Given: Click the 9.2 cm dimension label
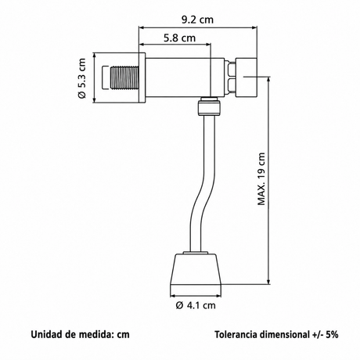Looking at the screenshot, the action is coord(197,20).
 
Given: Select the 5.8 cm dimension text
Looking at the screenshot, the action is coord(180,38).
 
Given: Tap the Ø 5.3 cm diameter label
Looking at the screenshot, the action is coord(81,78).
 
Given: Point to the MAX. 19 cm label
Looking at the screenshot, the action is coord(261,179).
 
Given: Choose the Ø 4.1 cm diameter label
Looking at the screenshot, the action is coord(196,305).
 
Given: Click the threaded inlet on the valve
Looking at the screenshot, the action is coord(124,78).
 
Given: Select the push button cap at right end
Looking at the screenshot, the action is coord(247,77).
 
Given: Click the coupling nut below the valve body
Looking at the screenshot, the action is coord(209,107).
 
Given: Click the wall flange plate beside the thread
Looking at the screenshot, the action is coord(142,78).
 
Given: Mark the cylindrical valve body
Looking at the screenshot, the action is coord(185,77).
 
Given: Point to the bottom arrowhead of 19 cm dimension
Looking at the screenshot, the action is coord(268,281).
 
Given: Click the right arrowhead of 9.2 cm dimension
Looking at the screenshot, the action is coord(254,27).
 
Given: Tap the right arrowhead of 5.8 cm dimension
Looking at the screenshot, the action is coord(207,45).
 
